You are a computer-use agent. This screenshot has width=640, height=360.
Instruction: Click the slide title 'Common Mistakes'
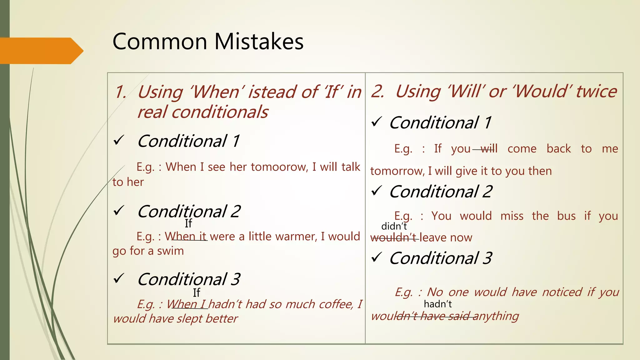tap(208, 42)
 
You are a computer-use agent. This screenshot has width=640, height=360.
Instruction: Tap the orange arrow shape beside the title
tap(41, 51)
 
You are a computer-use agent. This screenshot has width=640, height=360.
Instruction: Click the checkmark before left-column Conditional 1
tap(119, 140)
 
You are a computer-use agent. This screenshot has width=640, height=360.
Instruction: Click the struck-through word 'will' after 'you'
tap(489, 149)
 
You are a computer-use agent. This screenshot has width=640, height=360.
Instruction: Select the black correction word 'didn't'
tap(394, 226)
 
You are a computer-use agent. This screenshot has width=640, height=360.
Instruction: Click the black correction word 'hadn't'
tap(437, 304)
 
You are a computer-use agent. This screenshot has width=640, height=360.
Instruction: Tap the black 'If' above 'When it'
tap(188, 223)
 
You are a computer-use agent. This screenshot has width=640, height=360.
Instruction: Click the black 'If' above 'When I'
tap(196, 293)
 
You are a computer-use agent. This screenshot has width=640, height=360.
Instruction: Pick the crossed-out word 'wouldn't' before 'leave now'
tap(394, 238)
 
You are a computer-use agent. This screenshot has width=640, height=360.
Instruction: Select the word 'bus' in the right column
tap(566, 216)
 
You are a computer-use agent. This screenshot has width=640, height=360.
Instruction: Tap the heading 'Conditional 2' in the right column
tap(441, 192)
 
